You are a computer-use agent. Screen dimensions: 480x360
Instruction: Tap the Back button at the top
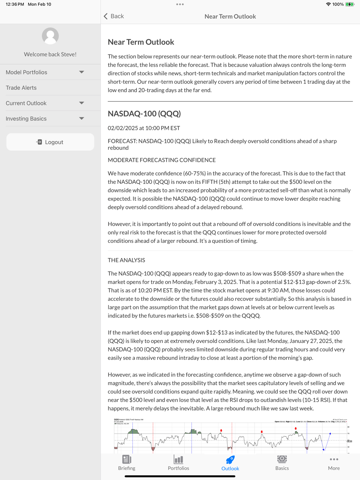114,16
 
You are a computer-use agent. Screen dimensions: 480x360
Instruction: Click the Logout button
50,142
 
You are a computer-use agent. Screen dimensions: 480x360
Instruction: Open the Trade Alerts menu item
21,88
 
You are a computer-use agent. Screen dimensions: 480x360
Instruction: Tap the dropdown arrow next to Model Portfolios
82,72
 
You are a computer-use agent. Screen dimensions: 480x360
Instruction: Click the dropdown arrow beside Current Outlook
82,103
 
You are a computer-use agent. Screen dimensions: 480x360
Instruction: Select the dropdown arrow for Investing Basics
82,119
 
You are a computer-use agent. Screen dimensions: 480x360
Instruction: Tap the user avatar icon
50,36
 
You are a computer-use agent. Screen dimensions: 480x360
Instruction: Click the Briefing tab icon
127,459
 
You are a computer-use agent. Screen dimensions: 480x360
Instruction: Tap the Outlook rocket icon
230,460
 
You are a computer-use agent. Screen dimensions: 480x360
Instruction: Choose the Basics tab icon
282,459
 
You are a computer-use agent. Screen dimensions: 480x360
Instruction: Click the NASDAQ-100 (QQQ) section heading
144,114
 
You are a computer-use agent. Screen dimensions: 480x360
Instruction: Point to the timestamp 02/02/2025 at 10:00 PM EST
144,128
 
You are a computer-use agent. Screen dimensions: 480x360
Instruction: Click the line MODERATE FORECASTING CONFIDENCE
162,160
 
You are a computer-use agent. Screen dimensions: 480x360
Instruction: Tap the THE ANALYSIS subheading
126,260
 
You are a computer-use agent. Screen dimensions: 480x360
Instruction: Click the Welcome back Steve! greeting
50,54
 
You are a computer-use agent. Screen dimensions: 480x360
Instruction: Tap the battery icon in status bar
350,4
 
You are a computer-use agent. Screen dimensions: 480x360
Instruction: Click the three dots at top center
180,4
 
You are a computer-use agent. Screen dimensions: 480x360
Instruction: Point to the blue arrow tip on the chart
330,434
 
